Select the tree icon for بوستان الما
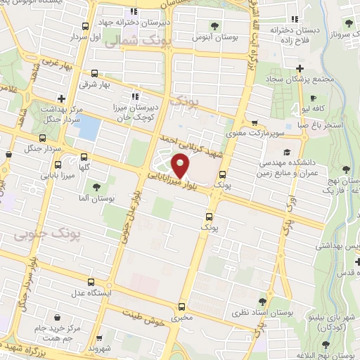click(x=96, y=187)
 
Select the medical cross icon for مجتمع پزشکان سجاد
click(x=300, y=69)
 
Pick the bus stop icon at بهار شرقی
click(x=96, y=73)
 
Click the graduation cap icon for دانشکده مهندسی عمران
click(x=287, y=152)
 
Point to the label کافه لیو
click(x=328, y=109)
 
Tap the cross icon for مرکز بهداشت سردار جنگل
click(x=62, y=98)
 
